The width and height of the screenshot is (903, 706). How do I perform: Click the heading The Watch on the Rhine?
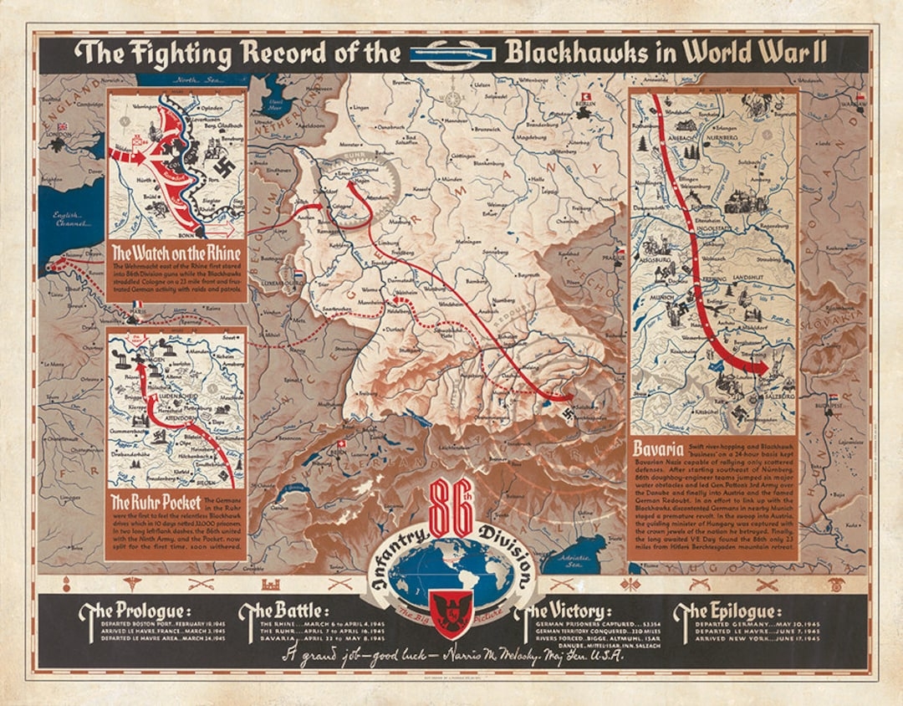(x=176, y=253)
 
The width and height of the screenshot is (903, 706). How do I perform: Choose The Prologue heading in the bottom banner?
(x=135, y=610)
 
